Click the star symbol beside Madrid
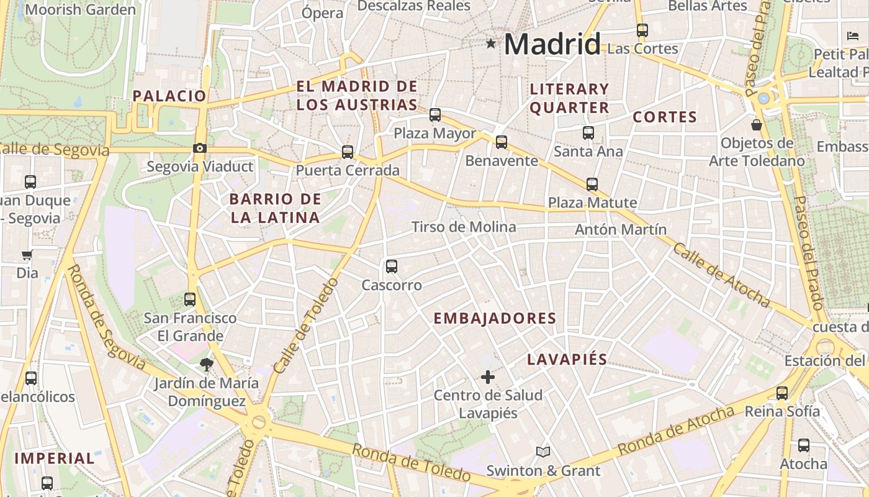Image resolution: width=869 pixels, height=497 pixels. (491, 43)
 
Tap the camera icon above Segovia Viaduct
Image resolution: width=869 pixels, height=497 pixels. (200, 148)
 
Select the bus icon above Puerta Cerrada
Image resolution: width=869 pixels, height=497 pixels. (348, 152)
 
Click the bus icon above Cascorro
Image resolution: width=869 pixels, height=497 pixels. (392, 267)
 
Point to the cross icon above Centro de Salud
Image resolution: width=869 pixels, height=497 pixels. (488, 376)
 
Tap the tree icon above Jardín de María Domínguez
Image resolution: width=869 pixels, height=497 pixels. (206, 364)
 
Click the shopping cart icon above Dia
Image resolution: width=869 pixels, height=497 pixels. (27, 255)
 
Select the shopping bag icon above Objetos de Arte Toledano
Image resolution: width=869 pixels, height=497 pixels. (757, 125)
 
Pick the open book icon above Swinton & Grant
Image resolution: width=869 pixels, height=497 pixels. (543, 452)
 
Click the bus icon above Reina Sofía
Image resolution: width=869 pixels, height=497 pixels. (782, 393)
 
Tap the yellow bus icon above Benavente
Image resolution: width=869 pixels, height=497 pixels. (502, 142)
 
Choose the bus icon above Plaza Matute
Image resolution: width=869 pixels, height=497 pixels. (592, 184)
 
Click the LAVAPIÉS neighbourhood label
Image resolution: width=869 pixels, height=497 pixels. (567, 359)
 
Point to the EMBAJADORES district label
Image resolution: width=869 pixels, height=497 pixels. (495, 319)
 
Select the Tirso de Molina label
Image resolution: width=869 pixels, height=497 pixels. (464, 227)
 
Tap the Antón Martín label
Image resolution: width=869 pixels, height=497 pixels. (621, 229)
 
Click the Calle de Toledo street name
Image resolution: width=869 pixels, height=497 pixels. (305, 326)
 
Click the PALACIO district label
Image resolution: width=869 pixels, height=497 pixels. (169, 96)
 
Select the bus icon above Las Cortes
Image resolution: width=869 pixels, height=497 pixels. (642, 30)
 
